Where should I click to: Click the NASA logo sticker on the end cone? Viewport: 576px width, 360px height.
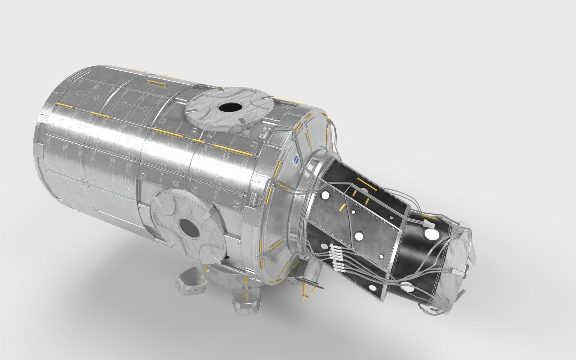click(x=296, y=161)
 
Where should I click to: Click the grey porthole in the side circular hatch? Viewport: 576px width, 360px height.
click(x=189, y=227)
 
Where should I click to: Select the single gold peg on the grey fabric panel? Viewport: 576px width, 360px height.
click(x=341, y=207)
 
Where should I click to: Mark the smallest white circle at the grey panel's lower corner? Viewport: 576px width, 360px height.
click(x=381, y=257)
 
